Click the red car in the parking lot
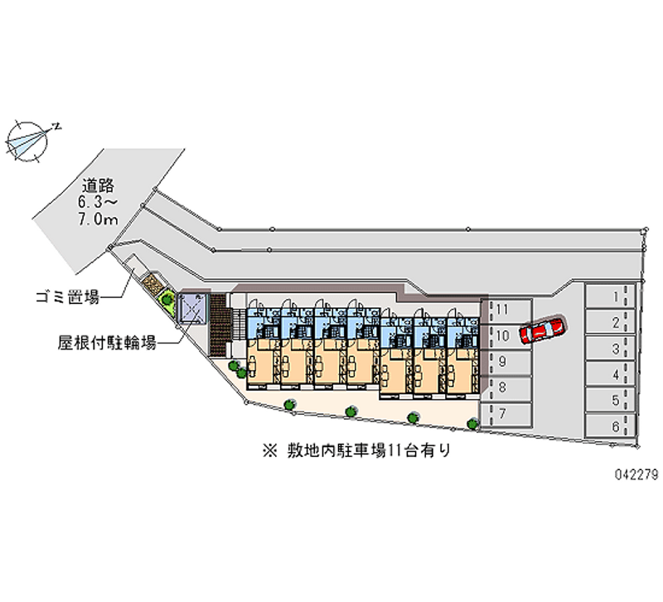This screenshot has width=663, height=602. [543, 329]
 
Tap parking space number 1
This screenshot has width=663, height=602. [612, 296]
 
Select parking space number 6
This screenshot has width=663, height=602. [612, 426]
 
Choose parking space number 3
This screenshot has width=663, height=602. [612, 349]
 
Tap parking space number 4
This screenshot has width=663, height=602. [612, 374]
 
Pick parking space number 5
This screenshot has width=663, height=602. [612, 401]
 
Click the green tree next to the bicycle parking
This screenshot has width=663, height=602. [168, 299]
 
